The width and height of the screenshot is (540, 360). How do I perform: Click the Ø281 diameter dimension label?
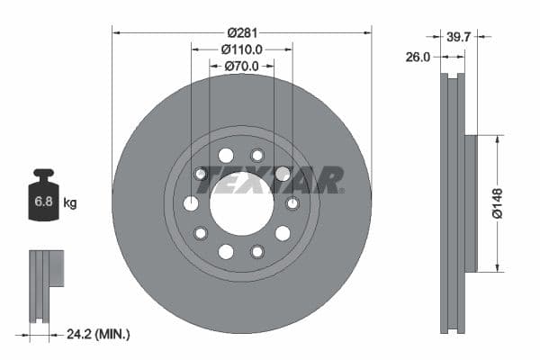tap(242, 32)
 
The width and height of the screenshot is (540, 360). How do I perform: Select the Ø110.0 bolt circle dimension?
tap(241, 49)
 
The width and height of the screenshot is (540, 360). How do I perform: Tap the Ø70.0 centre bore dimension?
tap(241, 67)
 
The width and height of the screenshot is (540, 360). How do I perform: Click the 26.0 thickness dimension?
tap(418, 56)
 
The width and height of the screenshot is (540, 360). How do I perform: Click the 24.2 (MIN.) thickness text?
tap(99, 334)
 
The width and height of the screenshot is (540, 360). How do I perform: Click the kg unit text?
tap(70, 203)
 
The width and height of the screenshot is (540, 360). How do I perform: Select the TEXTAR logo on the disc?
tap(270, 180)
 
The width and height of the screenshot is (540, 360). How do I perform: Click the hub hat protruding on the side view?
tap(470, 203)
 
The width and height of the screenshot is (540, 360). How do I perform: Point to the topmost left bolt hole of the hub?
tap(226, 154)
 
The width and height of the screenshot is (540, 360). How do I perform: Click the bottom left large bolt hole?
tap(226, 251)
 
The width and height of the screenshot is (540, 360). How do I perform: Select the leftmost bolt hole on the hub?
tap(191, 203)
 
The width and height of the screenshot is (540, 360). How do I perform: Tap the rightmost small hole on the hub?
tap(292, 203)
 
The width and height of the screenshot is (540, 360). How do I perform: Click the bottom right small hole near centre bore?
tap(257, 251)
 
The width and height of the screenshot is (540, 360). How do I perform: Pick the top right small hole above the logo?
tap(257, 154)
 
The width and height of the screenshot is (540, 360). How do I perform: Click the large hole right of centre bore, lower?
tap(283, 233)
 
